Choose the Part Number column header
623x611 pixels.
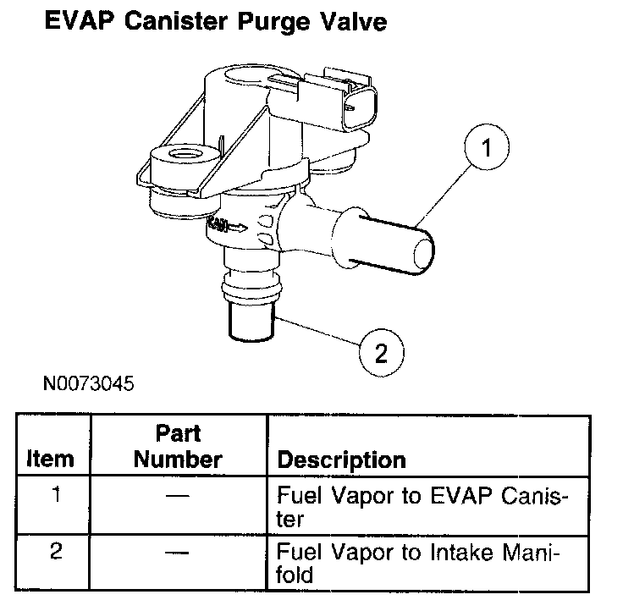coord(177,447)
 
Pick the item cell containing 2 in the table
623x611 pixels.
coord(56,553)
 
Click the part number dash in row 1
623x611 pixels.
coord(177,496)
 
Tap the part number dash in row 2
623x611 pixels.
coord(177,553)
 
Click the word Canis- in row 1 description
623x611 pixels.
coord(527,496)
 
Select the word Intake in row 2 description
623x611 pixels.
coord(457,553)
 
